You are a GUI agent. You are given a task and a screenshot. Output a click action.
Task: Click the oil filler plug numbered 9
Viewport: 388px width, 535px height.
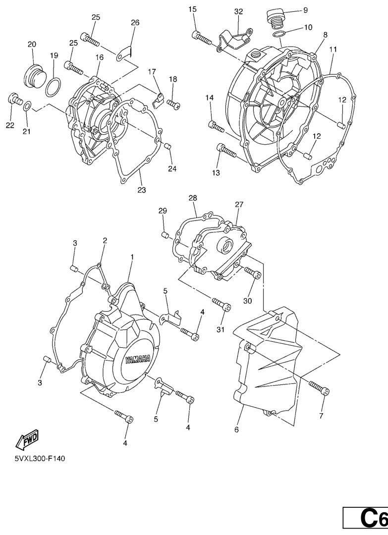[274, 18]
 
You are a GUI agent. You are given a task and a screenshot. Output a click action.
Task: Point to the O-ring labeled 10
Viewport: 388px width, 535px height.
[278, 34]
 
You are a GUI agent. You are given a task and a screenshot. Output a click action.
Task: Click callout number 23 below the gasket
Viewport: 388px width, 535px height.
[142, 190]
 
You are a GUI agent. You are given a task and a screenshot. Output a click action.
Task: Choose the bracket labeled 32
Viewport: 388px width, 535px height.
[235, 39]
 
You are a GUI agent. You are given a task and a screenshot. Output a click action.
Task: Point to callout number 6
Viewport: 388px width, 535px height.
[236, 429]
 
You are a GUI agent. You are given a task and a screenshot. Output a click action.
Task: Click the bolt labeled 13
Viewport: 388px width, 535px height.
[226, 150]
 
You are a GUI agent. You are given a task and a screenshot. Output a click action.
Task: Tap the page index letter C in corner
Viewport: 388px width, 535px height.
[369, 520]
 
